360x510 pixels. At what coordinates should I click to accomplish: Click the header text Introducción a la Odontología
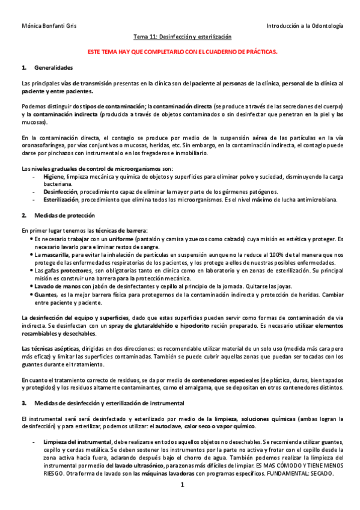[305, 26]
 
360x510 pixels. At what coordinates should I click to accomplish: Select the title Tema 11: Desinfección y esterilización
[182, 37]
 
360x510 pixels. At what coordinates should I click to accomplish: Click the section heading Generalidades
[53, 67]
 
